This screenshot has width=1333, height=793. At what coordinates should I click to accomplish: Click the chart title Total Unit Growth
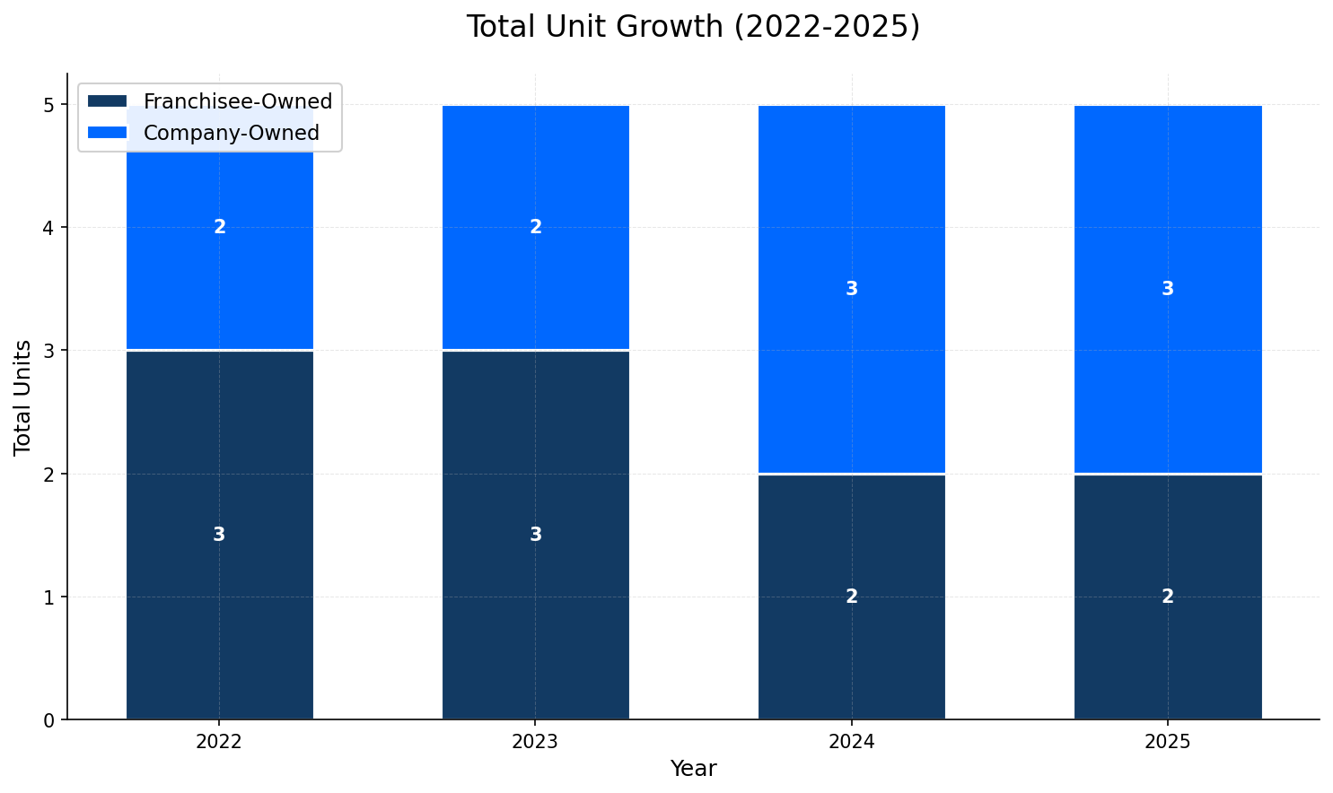[x=693, y=27]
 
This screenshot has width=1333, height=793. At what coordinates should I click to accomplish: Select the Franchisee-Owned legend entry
[x=237, y=101]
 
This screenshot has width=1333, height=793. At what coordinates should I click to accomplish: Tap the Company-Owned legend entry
[x=231, y=133]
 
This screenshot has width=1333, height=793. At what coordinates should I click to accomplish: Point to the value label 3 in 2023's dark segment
[x=536, y=535]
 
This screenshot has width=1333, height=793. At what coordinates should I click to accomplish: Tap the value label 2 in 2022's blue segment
[x=220, y=227]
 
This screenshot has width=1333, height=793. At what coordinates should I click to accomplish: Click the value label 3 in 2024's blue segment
[x=852, y=289]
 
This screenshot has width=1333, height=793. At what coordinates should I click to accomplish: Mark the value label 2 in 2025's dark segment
[x=1168, y=597]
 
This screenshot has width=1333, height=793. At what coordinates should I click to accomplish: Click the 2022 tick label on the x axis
[x=220, y=742]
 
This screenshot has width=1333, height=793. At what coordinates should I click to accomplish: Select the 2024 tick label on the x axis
[x=852, y=742]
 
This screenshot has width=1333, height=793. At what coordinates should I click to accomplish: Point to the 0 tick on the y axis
[x=49, y=719]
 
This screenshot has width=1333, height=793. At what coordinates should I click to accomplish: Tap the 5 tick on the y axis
[x=49, y=105]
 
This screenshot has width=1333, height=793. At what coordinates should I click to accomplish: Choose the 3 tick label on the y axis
[x=49, y=351]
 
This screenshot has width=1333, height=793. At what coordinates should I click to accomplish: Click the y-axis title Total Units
[x=23, y=396]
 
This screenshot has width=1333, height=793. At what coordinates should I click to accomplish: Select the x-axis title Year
[x=693, y=769]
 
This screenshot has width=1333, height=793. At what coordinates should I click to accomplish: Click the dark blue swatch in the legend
[x=107, y=101]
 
